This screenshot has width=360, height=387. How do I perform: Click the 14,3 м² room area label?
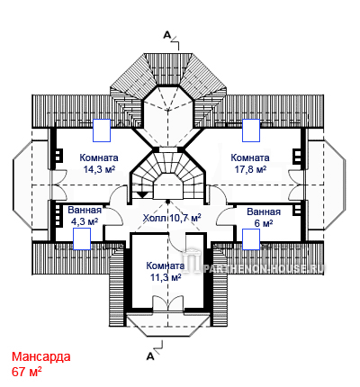point(99,169)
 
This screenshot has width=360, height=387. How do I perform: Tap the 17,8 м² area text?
point(250,169)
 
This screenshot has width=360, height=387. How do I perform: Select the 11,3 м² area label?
point(166,277)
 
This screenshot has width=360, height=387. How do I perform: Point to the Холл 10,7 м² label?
point(172,218)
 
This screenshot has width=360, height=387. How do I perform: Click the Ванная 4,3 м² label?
point(85,216)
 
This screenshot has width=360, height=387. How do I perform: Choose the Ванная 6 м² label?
point(264,218)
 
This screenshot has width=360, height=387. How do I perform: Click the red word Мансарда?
point(41,357)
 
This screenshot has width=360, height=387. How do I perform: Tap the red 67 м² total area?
point(27,372)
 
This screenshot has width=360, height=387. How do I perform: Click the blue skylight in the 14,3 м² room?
point(102,130)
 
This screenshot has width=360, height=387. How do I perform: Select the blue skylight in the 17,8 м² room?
point(251,130)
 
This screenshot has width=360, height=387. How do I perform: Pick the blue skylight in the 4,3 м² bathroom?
point(82,238)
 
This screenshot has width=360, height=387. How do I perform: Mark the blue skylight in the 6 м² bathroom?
point(251,239)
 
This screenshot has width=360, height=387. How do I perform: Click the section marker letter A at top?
point(166,35)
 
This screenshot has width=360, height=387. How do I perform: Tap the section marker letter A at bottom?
point(150,356)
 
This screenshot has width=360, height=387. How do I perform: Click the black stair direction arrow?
point(143,194)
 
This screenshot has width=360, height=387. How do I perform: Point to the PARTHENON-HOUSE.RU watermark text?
point(263,268)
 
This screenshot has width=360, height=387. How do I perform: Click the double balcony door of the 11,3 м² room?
point(167,301)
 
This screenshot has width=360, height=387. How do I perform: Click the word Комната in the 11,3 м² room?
point(166,265)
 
